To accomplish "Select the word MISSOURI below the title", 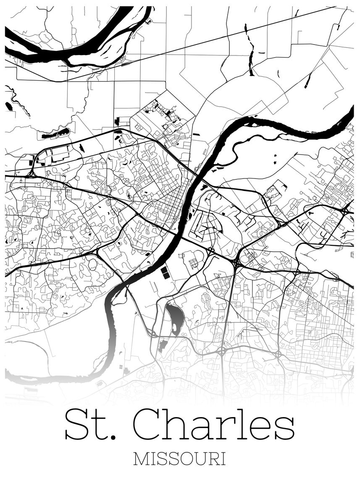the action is pyautogui.click(x=179, y=459).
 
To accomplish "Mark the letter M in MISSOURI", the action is pyautogui.click(x=141, y=459).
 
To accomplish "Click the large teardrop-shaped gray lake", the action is pyautogui.click(x=175, y=317).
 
